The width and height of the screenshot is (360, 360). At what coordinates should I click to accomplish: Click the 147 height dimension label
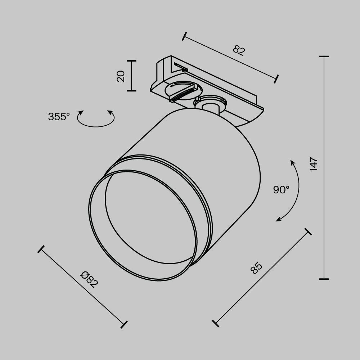[x=314, y=164]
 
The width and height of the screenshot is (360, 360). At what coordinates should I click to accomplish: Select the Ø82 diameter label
[x=89, y=279]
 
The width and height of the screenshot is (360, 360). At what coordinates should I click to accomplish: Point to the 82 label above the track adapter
[x=238, y=50]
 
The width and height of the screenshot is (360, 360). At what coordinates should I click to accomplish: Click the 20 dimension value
[x=121, y=76]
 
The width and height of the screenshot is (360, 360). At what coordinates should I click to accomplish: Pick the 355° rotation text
[x=59, y=117]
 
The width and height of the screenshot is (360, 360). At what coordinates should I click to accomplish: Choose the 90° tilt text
[x=281, y=190]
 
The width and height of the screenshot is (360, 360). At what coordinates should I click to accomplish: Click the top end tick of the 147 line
[x=324, y=57]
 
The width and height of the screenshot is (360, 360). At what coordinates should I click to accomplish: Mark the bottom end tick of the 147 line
[x=324, y=279]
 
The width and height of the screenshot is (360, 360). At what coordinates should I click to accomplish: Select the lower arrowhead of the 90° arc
[x=278, y=220]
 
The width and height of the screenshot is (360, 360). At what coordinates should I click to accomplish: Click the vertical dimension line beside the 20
[x=132, y=76]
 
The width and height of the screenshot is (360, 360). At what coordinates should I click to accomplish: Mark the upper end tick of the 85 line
[x=308, y=231]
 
